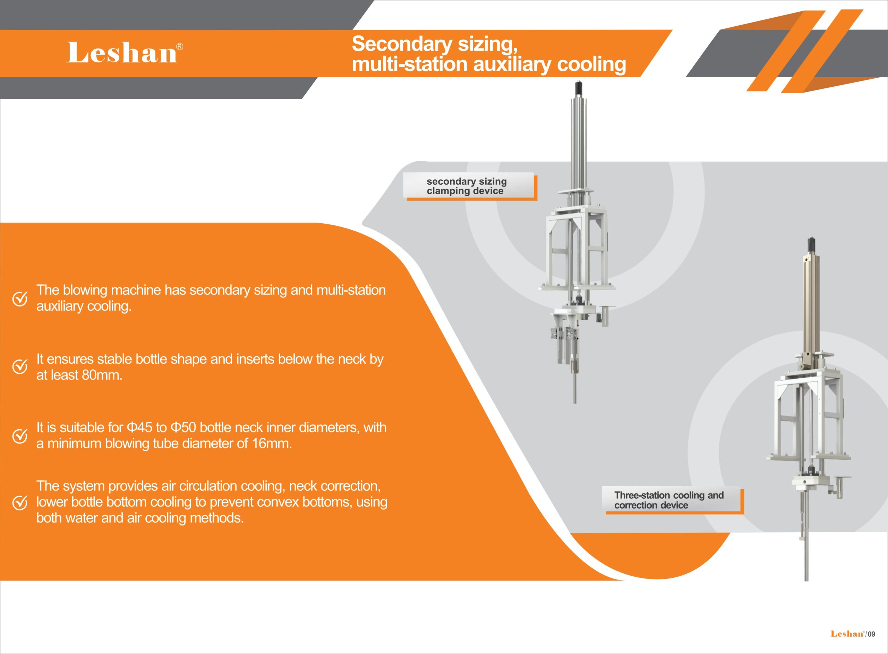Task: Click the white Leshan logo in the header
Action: point(121,52)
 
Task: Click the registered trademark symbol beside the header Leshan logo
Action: point(180,47)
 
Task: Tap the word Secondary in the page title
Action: point(402,44)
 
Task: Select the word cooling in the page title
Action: point(591,64)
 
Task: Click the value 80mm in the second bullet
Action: point(102,375)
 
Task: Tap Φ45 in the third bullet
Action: point(139,428)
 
